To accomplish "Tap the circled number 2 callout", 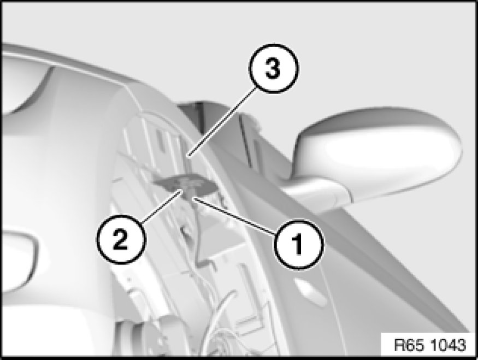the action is (x=121, y=239).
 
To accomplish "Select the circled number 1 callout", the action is (x=298, y=243).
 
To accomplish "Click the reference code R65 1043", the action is (x=430, y=345).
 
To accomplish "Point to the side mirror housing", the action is (x=378, y=152).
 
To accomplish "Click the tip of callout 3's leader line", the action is (x=188, y=157).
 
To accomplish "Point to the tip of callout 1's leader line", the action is (x=194, y=198).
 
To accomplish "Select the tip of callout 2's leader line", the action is (x=182, y=190).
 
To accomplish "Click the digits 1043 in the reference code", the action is (x=449, y=345).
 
